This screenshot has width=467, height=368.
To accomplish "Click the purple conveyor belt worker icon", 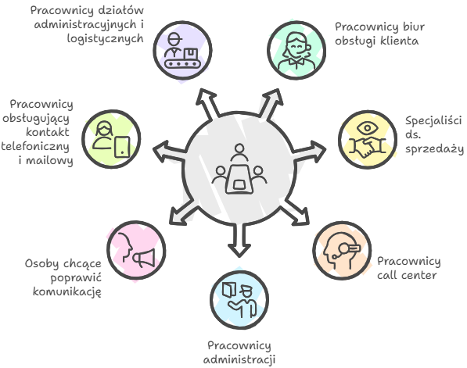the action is (182, 50).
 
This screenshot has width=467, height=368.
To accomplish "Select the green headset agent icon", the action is (296, 50).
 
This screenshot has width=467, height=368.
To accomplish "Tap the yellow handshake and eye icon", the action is (368, 139).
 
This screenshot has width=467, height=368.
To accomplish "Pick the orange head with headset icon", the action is (342, 251).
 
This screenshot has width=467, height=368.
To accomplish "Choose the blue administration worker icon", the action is (239, 299).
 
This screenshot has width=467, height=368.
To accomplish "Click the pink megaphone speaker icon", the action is (136, 251).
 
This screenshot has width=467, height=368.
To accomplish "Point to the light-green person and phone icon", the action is (111, 139).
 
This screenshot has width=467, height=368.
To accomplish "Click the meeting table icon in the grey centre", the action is (239, 169).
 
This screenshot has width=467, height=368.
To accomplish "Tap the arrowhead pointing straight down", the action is (239, 249).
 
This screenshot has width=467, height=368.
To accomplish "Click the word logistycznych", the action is (105, 38).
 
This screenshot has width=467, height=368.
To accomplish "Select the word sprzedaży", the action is (434, 148).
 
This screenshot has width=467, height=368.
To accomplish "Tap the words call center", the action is (407, 275).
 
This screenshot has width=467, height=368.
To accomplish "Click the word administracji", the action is (239, 359).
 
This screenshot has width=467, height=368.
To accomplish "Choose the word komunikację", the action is (67, 291).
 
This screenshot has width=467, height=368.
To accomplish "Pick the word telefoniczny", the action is (35, 147).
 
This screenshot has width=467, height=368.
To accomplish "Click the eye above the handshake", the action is (368, 128).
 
